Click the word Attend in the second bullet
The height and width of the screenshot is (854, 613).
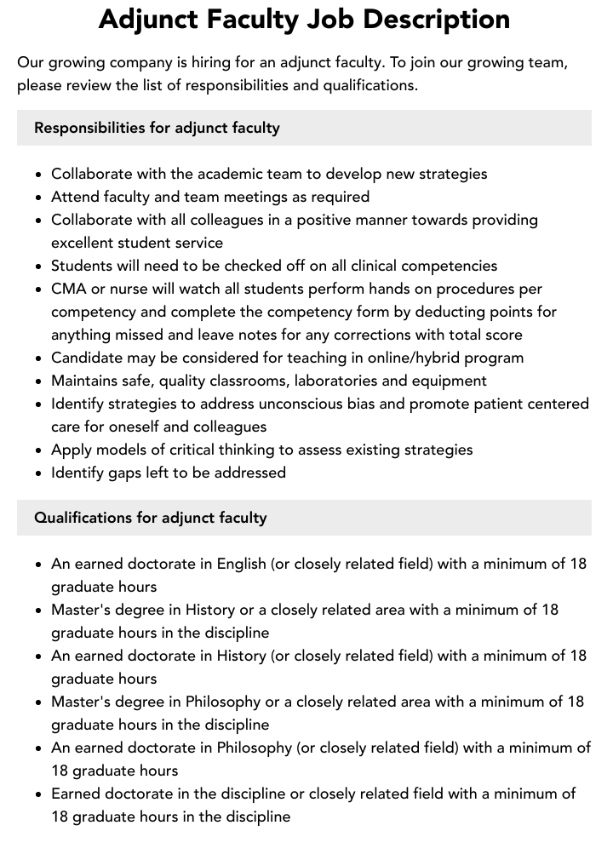click(76, 197)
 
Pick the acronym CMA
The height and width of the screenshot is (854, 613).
click(69, 289)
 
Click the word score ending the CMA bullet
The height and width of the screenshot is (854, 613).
click(501, 335)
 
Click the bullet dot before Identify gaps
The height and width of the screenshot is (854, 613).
click(39, 473)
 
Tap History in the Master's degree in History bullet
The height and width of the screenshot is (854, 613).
click(210, 610)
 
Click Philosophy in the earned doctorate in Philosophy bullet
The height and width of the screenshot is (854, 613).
click(255, 748)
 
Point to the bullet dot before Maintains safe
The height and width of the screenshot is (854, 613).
click(39, 381)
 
